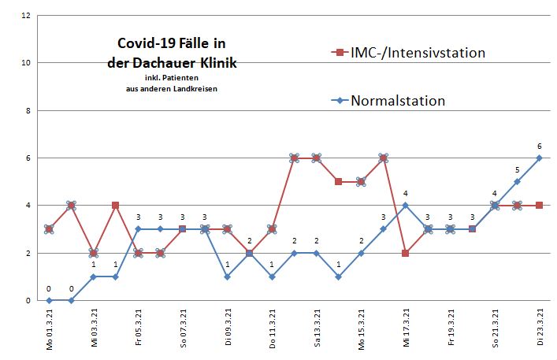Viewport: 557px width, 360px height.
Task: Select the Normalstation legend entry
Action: click(x=398, y=100)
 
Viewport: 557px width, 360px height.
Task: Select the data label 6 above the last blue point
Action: click(x=540, y=147)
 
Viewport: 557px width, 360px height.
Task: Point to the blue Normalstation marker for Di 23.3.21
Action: click(x=540, y=158)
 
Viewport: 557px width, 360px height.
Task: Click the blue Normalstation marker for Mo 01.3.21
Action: click(x=49, y=300)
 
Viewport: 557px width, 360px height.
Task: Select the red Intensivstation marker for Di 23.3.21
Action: click(x=540, y=206)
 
